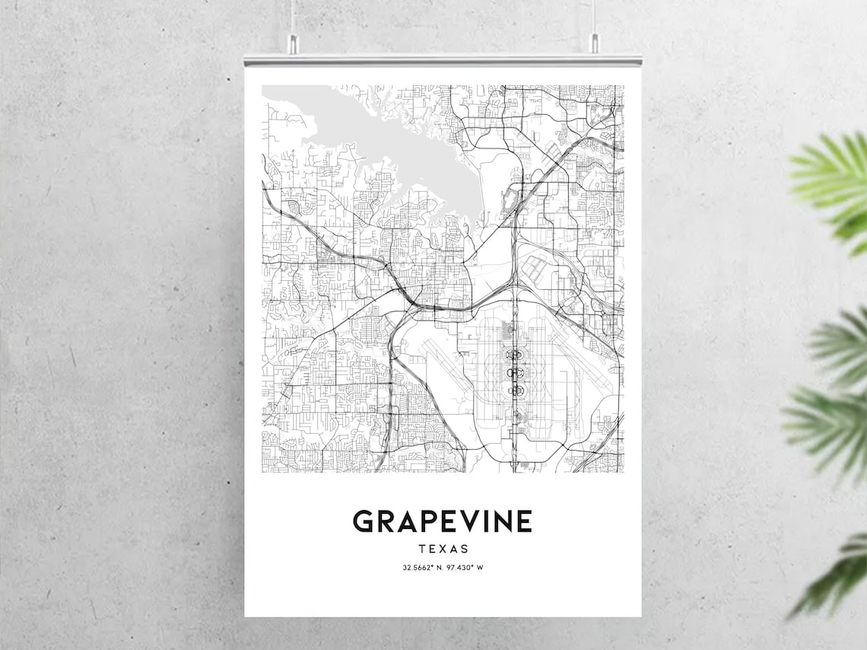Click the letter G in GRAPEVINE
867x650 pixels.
364,521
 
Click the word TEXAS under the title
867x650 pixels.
443,548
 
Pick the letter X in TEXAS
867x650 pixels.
443,548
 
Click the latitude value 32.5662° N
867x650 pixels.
422,568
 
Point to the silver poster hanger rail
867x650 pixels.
443,60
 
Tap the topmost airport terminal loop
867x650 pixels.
516,355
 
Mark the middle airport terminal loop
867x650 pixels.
516,372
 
